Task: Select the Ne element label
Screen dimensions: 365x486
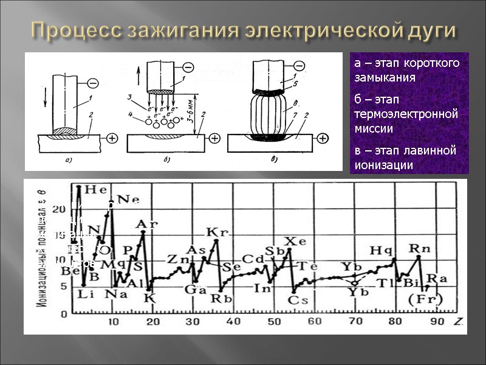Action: click(x=127, y=200)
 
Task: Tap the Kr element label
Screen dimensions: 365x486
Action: click(x=216, y=232)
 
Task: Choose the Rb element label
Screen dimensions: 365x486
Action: click(x=219, y=298)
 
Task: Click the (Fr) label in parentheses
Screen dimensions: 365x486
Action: click(x=423, y=299)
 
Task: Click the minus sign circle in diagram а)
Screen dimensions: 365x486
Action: click(x=93, y=83)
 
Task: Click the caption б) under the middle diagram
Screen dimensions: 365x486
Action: click(x=166, y=160)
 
